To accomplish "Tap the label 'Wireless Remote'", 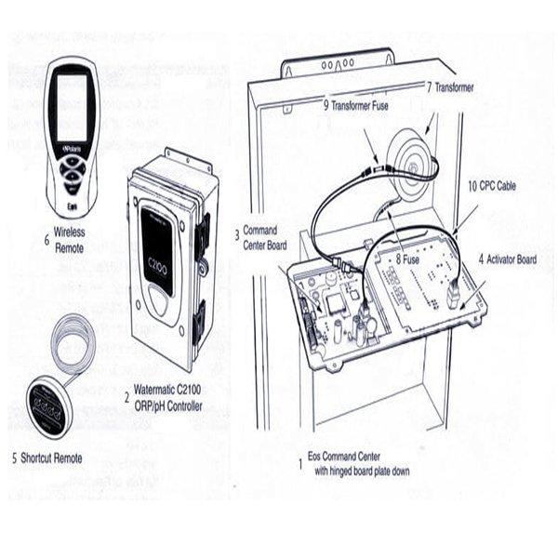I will click(71, 239).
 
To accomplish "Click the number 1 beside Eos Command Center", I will click(298, 462).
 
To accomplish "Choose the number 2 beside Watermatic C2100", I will click(126, 394).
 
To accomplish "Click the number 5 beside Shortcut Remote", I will click(14, 458).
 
